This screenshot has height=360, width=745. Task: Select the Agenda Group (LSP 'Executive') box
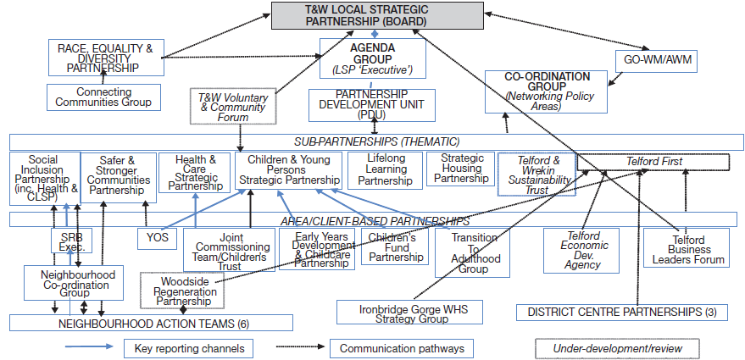coord(372,58)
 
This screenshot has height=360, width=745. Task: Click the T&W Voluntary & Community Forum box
coord(232,108)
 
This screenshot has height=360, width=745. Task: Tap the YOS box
coord(157,240)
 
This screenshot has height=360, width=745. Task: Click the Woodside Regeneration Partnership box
coord(182,291)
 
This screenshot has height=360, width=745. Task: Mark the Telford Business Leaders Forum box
coord(687,248)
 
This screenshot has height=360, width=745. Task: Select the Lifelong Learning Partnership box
coord(385,169)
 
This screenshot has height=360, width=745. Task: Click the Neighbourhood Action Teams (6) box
coord(151,323)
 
